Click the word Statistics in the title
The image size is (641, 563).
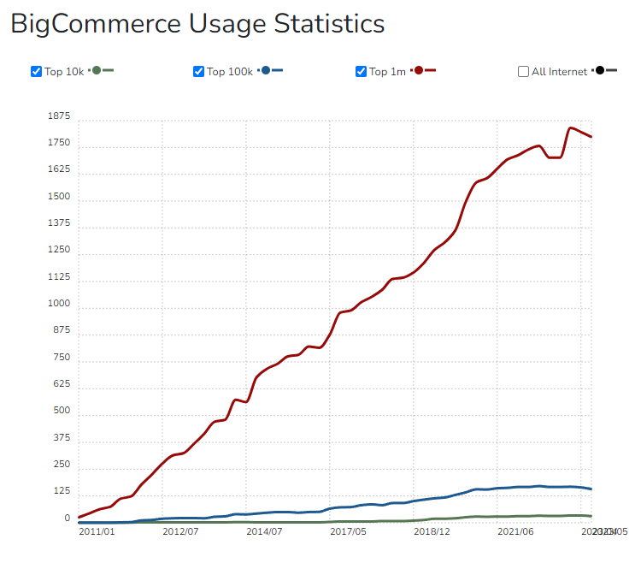[328, 24]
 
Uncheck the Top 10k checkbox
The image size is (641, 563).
[36, 71]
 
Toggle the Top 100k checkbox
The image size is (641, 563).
[198, 71]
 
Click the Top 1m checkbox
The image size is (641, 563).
[361, 71]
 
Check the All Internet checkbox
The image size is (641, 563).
[523, 71]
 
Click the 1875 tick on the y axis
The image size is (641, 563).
[59, 116]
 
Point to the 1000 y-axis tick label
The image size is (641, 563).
[59, 305]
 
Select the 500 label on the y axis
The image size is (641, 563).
[62, 412]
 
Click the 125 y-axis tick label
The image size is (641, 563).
[62, 491]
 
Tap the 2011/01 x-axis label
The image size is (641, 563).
[97, 531]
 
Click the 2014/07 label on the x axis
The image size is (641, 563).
[264, 531]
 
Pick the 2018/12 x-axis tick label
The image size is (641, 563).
[432, 531]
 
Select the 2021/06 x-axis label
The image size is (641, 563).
[515, 531]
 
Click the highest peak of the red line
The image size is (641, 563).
[571, 128]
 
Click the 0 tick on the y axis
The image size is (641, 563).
[67, 519]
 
